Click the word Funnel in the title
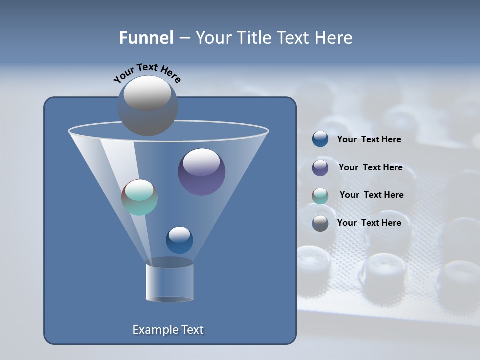[x=146, y=38]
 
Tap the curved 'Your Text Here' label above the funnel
[x=147, y=73]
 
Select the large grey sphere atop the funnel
[x=147, y=106]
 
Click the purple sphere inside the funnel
[x=201, y=172]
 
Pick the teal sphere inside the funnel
[x=139, y=197]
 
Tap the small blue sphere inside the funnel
[x=179, y=240]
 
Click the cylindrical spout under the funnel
[x=169, y=282]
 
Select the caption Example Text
[x=168, y=330]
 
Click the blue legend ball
[x=320, y=139]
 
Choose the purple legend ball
[x=320, y=168]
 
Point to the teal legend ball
[x=320, y=196]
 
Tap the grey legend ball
[x=320, y=223]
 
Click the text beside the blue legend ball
[x=369, y=140]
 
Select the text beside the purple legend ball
[x=370, y=168]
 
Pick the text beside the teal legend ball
[x=371, y=195]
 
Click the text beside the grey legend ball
[x=369, y=223]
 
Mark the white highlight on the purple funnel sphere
[x=201, y=162]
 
